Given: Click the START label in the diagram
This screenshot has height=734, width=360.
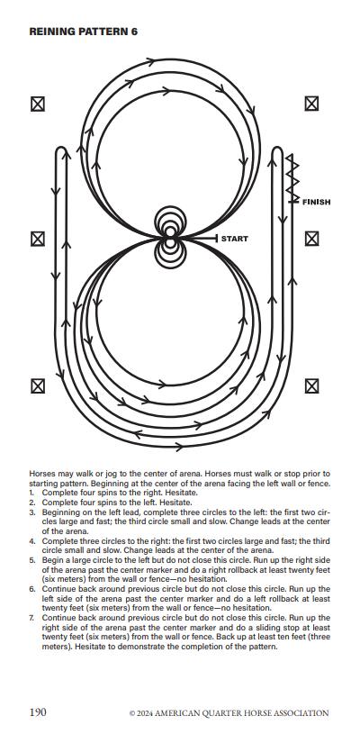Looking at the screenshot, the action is (x=234, y=239).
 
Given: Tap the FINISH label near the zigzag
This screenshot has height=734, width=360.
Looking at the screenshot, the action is (x=316, y=203).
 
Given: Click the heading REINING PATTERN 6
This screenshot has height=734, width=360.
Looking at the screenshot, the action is (x=83, y=32).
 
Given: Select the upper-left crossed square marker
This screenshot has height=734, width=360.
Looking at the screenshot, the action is (x=38, y=104).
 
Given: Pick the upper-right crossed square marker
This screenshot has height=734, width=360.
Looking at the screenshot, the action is (x=311, y=104).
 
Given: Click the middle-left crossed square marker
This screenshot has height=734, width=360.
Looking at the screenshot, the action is (x=38, y=239).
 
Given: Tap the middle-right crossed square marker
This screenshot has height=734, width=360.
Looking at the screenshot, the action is (x=311, y=239).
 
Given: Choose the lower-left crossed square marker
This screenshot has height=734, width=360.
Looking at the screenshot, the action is (x=38, y=386).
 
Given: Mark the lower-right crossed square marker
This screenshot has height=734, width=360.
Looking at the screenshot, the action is (x=311, y=386).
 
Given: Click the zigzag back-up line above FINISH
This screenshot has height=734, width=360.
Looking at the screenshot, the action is (x=292, y=178).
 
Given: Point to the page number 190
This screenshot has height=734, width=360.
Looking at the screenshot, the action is (x=38, y=712).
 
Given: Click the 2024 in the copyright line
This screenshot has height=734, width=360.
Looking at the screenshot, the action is (x=144, y=713).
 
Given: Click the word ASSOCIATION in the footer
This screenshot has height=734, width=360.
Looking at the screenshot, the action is (x=302, y=713).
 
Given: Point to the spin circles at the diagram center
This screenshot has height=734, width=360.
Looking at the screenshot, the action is (x=170, y=238).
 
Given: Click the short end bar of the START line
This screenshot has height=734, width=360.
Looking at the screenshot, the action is (x=217, y=239).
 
